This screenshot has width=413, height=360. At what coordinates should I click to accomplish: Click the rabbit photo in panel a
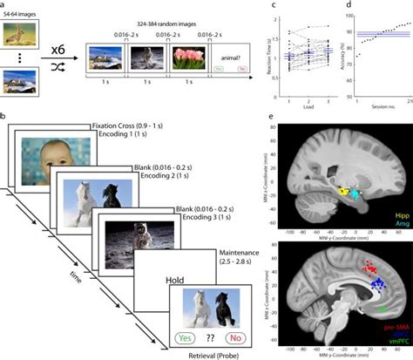[x=24, y=37]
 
